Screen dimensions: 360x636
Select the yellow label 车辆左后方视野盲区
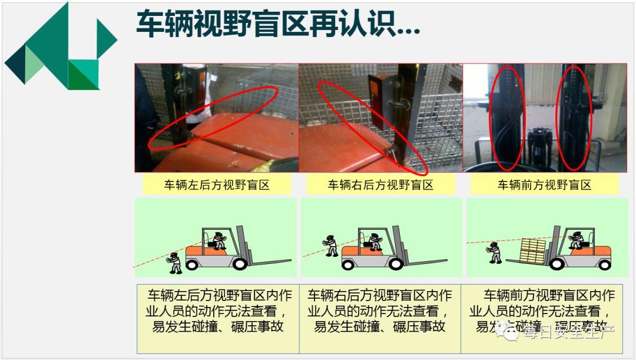(x=216, y=185)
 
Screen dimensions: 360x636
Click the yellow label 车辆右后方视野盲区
(x=380, y=185)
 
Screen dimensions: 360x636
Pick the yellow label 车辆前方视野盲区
(x=544, y=185)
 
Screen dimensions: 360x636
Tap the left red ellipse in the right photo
(x=506, y=117)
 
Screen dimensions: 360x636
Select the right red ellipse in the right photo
(x=574, y=117)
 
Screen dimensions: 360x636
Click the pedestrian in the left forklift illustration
(x=175, y=263)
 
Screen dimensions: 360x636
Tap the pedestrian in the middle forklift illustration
(x=332, y=245)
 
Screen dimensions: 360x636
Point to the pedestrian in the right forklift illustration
(x=495, y=252)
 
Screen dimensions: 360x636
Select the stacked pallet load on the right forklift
(x=533, y=250)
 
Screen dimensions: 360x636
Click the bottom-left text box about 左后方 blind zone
(x=218, y=318)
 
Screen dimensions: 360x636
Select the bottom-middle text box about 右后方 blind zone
(x=380, y=318)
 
